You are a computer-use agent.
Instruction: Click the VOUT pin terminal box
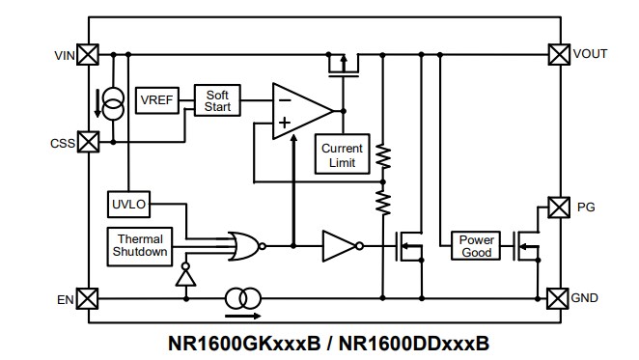557,55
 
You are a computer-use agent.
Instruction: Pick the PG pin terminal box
557,207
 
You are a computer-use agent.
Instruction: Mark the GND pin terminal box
557,298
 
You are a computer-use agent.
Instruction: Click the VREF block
154,100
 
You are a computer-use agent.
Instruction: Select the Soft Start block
217,100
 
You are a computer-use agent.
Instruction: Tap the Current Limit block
342,155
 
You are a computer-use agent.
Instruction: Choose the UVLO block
127,205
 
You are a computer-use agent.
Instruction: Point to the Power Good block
476,246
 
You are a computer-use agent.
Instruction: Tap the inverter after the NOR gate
339,246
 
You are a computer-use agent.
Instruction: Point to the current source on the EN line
242,298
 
